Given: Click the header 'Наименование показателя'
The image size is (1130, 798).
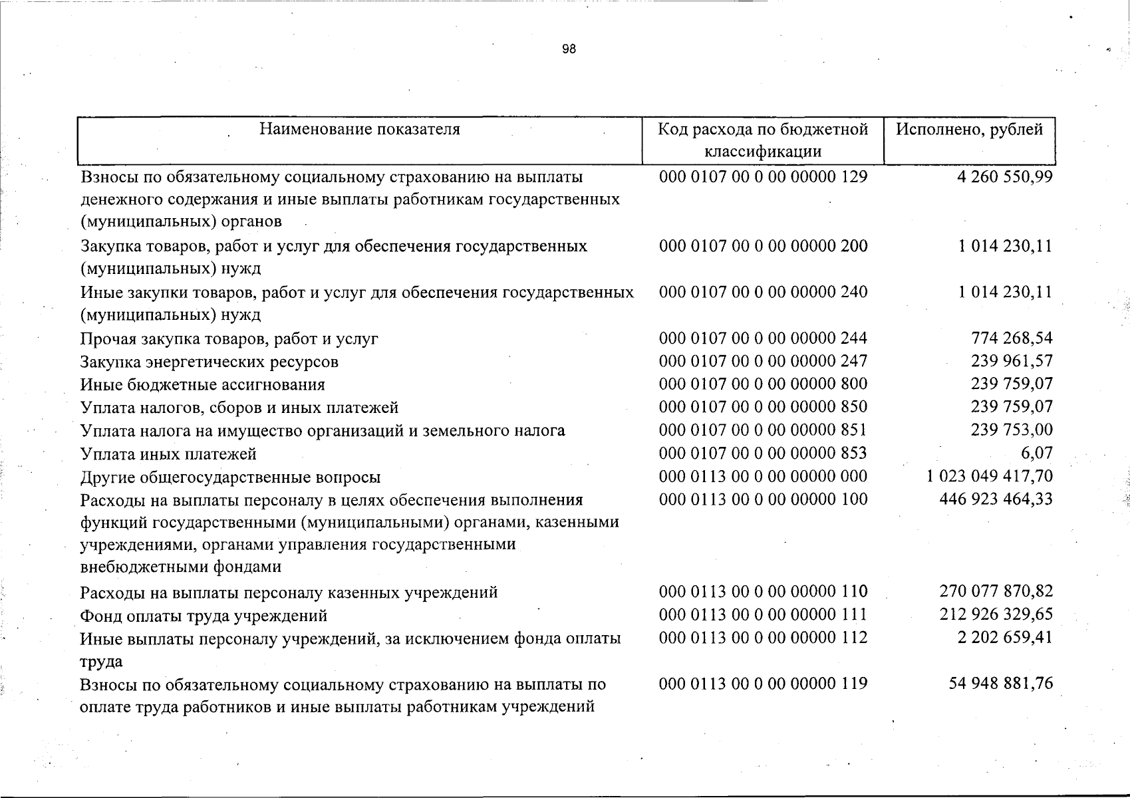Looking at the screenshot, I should click(x=359, y=129).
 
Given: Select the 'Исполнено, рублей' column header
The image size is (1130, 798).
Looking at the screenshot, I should click(x=969, y=129).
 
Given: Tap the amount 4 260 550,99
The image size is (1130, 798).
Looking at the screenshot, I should click(x=1005, y=177).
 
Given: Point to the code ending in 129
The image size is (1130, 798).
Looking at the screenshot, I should click(x=763, y=177).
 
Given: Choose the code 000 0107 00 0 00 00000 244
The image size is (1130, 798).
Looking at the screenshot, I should click(x=763, y=338).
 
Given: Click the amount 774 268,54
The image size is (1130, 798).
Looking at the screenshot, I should click(x=1012, y=338).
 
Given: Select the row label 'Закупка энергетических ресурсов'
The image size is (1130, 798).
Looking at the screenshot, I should click(x=210, y=362).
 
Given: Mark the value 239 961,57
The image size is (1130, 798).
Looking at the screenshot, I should click(x=1012, y=361).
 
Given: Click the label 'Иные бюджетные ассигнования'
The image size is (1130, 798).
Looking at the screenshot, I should click(x=203, y=384).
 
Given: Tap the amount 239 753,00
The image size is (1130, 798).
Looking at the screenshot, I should click(x=1012, y=430).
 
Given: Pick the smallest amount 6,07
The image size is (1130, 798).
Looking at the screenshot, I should click(x=1037, y=453).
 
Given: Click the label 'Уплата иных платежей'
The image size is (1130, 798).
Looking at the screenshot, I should click(x=168, y=454).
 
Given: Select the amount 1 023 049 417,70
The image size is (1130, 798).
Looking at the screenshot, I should click(x=990, y=476).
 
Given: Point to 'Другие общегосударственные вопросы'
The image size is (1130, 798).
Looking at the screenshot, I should click(x=231, y=477).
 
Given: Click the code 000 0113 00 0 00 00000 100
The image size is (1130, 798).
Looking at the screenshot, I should click(x=763, y=499).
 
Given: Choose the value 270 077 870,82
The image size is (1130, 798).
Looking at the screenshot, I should click(x=996, y=591).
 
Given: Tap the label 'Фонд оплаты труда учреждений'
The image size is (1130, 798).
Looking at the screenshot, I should click(x=204, y=616).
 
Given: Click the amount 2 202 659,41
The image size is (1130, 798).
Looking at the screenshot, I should click(x=1005, y=637).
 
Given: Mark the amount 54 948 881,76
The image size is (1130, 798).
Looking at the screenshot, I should click(x=1001, y=683).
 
